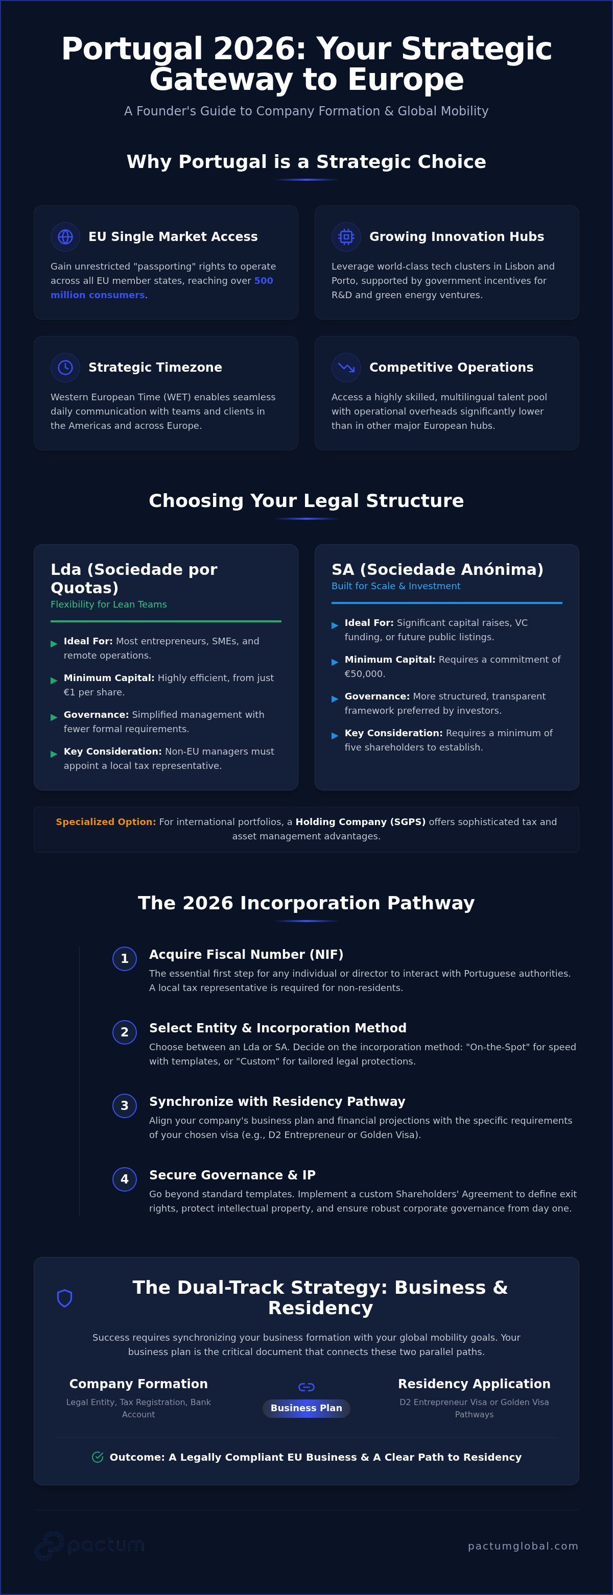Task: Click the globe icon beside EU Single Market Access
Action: coord(65,236)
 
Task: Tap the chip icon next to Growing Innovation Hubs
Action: coord(346,236)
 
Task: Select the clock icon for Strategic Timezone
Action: coord(65,367)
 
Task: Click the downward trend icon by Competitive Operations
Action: coord(346,367)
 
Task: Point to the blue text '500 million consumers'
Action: coord(161,288)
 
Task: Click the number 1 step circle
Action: coord(125,958)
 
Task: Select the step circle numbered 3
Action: coord(125,1106)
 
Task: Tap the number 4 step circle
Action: coord(125,1179)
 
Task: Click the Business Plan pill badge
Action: coord(306,1408)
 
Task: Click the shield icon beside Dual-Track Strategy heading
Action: coord(64,1298)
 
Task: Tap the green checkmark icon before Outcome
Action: coord(97,1457)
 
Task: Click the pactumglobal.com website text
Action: coord(523,1546)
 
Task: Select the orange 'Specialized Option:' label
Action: coord(106,821)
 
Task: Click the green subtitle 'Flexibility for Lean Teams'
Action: coord(108,605)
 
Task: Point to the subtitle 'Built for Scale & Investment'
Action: coord(396,586)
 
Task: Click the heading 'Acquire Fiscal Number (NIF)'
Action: coord(246,955)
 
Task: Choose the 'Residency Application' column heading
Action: coord(474,1384)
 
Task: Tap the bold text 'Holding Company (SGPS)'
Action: coord(360,821)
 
